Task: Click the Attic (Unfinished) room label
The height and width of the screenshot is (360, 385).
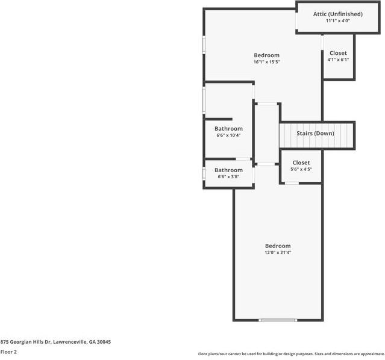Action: pos(337,14)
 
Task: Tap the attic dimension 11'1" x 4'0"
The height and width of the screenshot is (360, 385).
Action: pos(337,20)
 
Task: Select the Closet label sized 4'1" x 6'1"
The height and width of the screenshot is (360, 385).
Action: pos(337,53)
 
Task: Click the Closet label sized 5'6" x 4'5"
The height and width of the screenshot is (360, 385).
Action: pos(301,163)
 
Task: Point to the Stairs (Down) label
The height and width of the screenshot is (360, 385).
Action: pos(315,133)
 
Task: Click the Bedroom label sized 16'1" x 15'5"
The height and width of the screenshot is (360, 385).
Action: pos(266,55)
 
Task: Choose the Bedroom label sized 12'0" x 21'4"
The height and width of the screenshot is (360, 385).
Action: pos(278,246)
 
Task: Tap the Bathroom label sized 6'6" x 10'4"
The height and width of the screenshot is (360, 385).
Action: pos(228,129)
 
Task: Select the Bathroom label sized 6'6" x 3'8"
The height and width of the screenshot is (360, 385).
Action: pos(228,170)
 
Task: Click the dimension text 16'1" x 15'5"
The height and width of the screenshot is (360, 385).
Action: pos(266,62)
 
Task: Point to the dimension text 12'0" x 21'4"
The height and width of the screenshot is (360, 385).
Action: pos(278,252)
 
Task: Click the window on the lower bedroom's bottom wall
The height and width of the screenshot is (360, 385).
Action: pos(278,320)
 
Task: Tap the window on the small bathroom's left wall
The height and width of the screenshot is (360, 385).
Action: pos(204,174)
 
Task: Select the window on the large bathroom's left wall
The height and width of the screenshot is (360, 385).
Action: pos(204,100)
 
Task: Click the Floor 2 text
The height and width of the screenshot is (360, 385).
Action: pos(8,352)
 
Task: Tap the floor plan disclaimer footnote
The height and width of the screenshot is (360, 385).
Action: pos(290,354)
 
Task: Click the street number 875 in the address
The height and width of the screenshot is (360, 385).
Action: pos(4,342)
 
